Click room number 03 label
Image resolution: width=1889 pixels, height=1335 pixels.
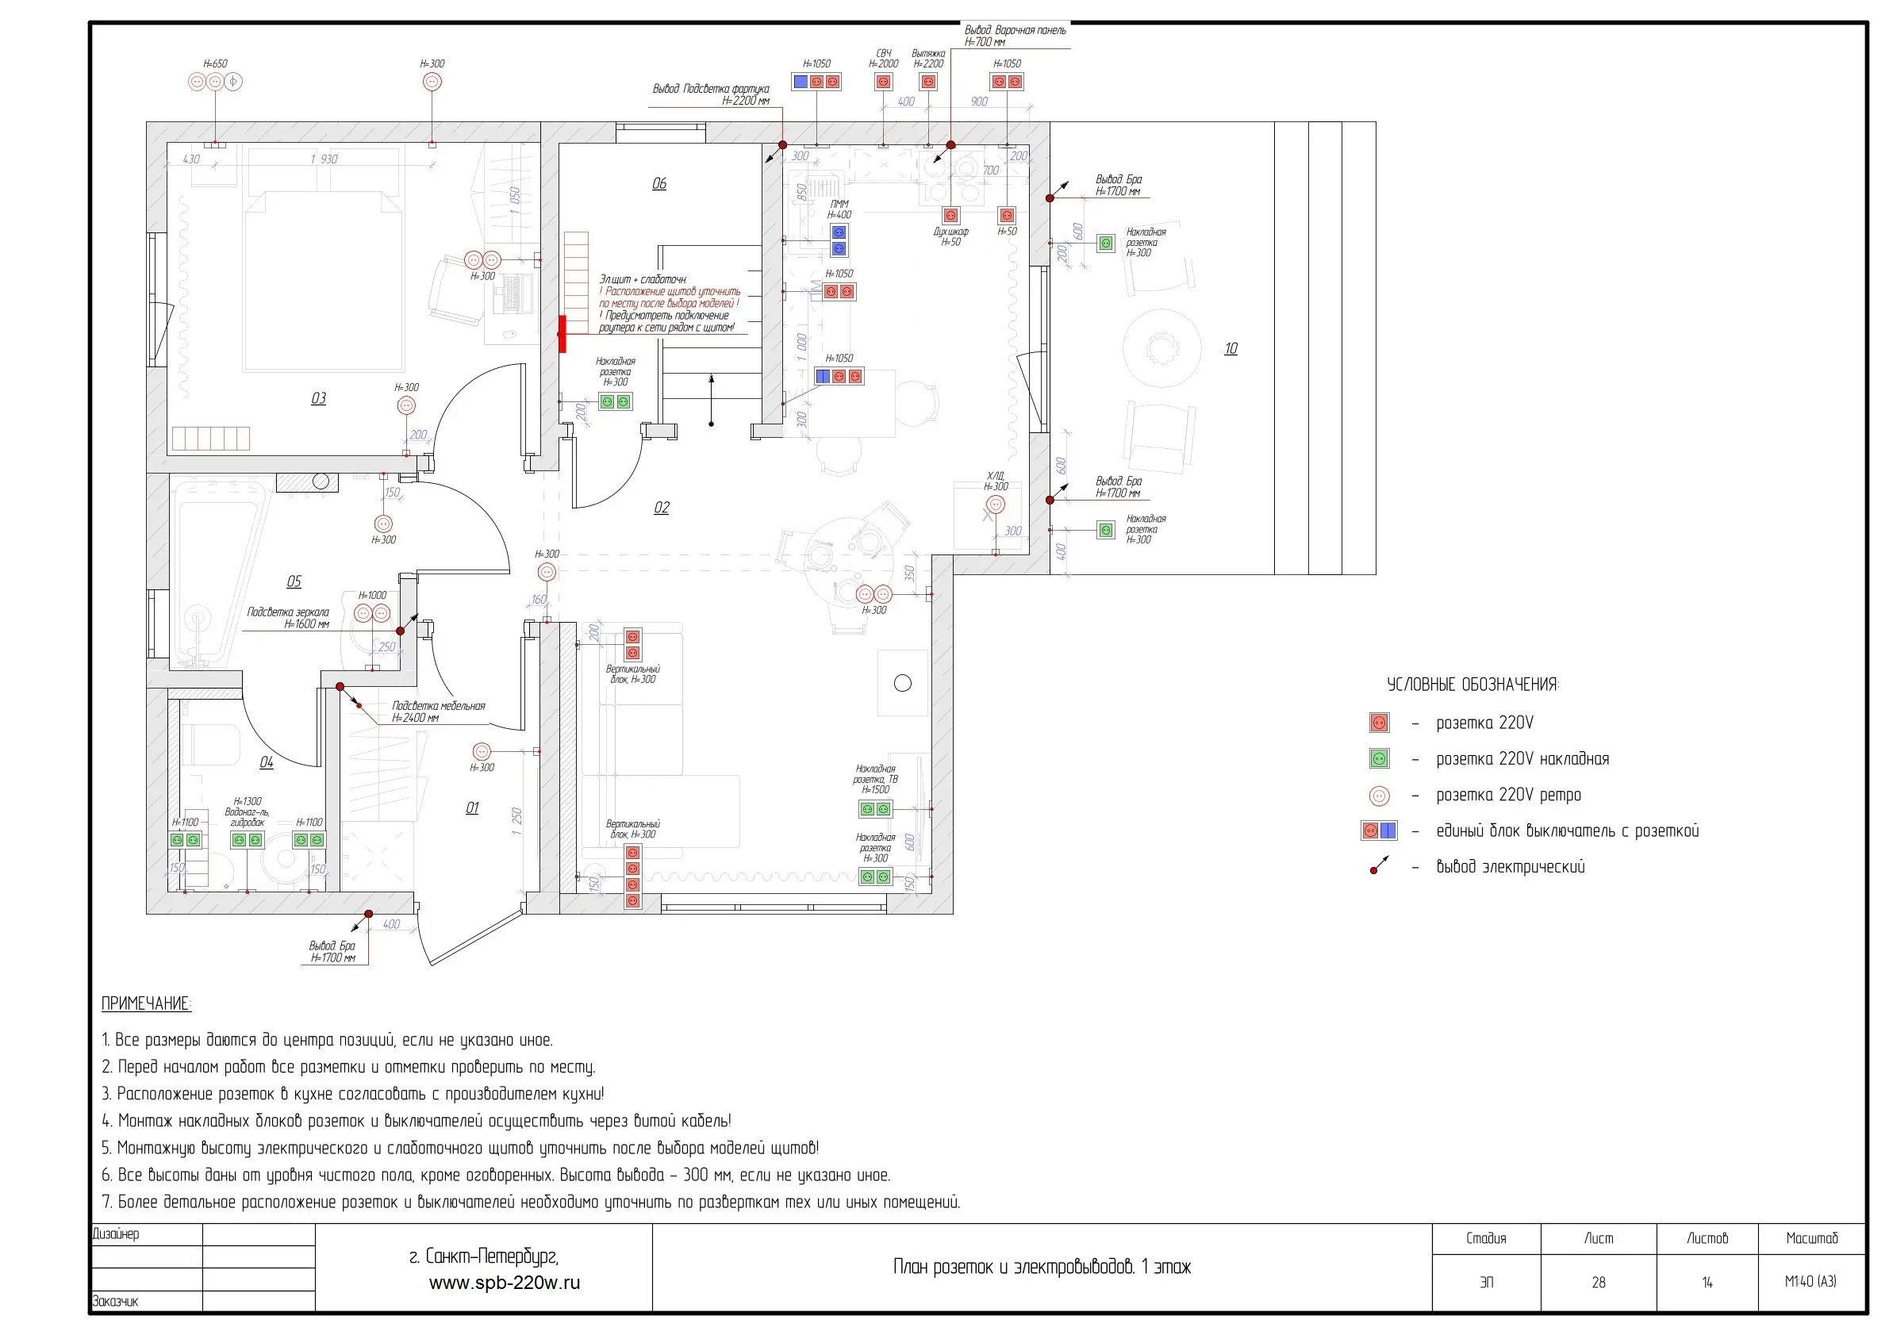click(x=318, y=398)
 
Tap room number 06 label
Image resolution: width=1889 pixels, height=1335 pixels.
click(x=659, y=183)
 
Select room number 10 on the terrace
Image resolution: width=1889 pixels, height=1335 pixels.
click(x=1230, y=349)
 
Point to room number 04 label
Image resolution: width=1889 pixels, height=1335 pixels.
click(x=267, y=762)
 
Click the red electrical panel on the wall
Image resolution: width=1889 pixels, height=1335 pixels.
click(x=562, y=334)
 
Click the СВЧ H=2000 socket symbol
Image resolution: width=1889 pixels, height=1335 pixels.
click(x=883, y=82)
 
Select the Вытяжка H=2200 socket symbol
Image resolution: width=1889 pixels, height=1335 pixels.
click(x=928, y=82)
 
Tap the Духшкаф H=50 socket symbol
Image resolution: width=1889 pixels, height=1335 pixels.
click(x=950, y=216)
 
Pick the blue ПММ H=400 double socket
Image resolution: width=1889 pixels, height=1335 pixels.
click(x=839, y=240)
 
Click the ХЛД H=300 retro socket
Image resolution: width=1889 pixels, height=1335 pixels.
click(x=996, y=505)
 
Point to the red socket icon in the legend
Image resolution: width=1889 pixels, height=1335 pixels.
click(x=1379, y=723)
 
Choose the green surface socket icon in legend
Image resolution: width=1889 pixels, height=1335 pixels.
click(x=1379, y=758)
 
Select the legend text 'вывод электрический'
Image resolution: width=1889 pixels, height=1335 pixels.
click(x=1510, y=867)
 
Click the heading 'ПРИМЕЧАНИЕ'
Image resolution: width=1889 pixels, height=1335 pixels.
click(x=146, y=1003)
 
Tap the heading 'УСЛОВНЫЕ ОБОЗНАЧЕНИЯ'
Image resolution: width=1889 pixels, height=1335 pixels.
click(x=1472, y=685)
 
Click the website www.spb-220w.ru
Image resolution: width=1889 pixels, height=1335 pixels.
click(x=505, y=1283)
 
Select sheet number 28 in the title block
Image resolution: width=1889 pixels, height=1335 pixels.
click(x=1598, y=1282)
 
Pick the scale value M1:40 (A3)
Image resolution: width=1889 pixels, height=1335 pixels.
click(x=1810, y=1282)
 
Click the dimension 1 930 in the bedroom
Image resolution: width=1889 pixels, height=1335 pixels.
click(x=324, y=159)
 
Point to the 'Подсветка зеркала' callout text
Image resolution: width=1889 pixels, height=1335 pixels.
click(x=288, y=612)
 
